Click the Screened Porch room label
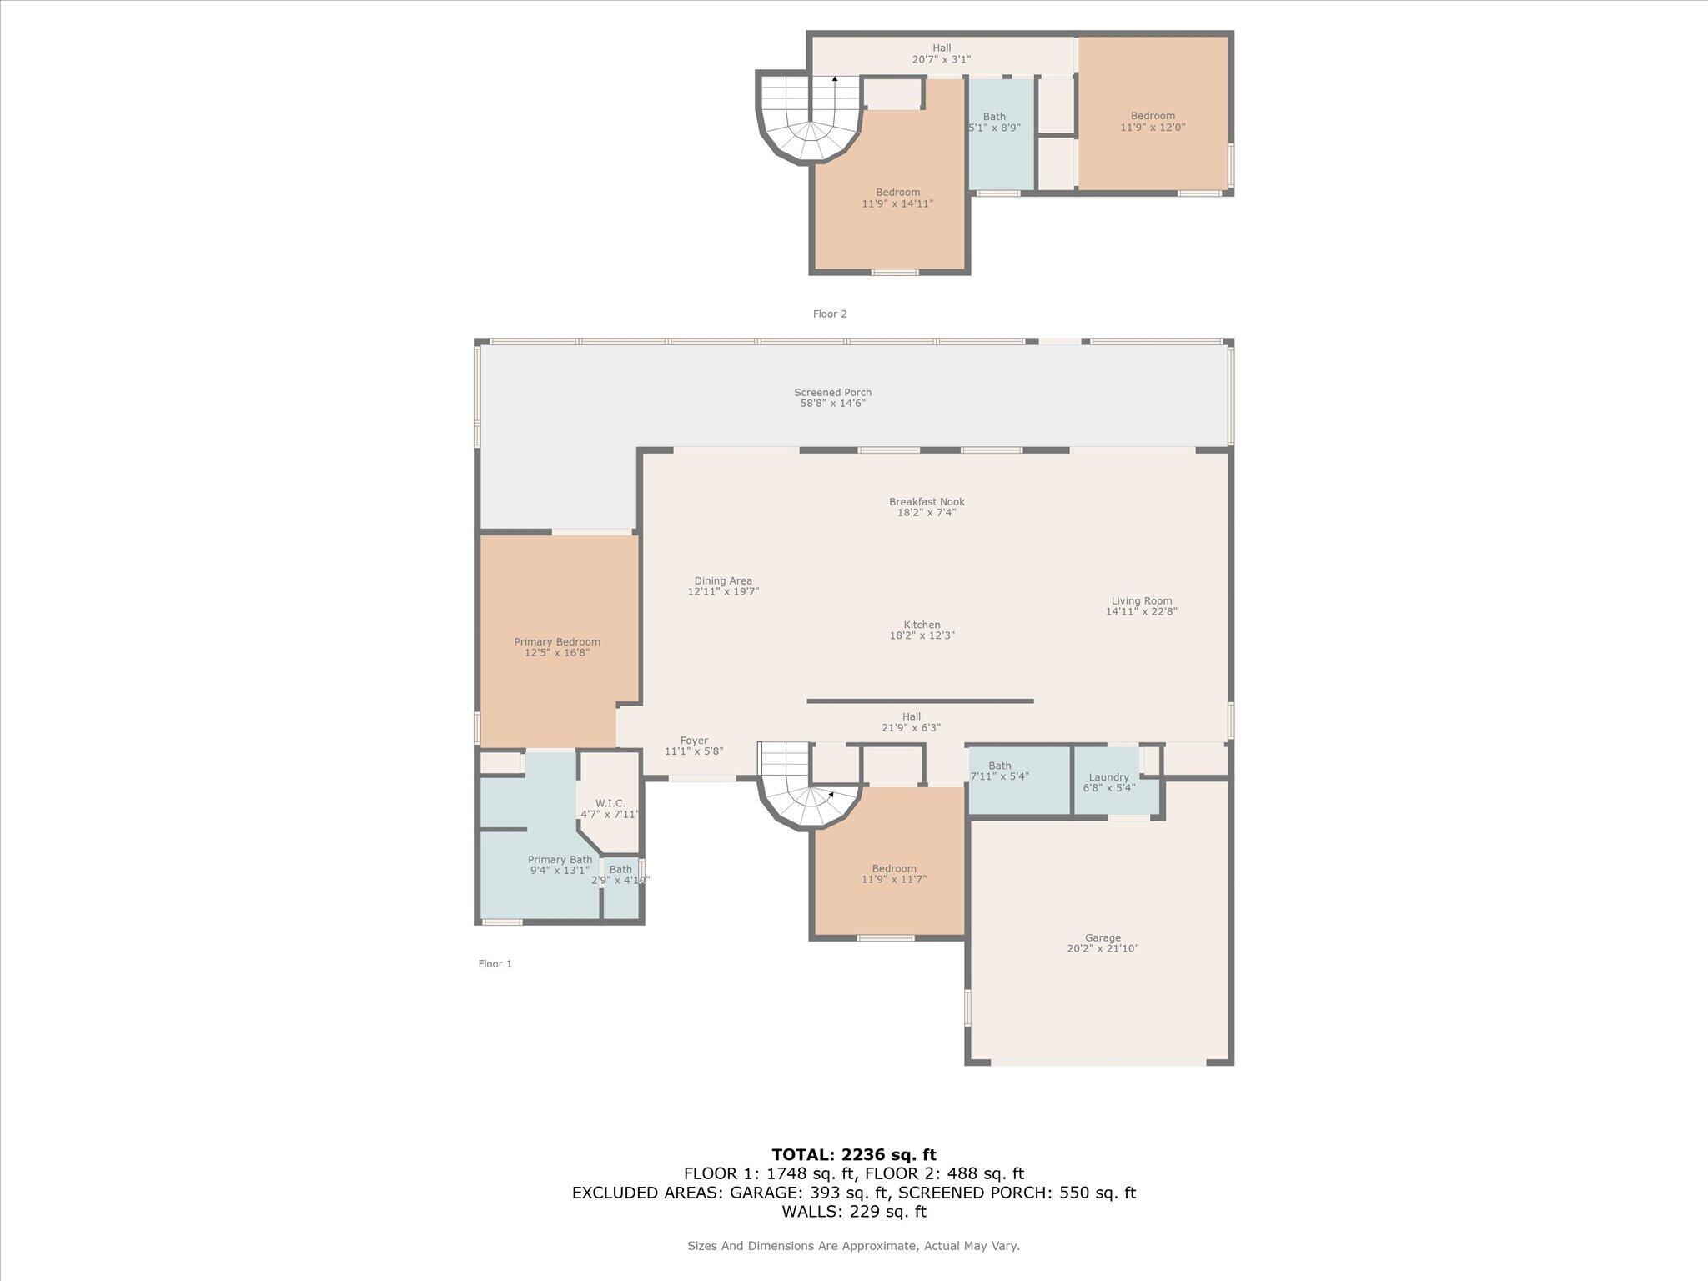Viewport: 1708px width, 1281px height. pos(832,393)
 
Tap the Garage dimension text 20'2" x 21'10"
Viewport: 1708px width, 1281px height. pos(1103,948)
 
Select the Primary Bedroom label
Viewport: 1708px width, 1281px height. pos(557,642)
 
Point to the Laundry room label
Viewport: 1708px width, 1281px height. pos(1108,777)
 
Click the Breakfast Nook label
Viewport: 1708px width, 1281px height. pos(927,502)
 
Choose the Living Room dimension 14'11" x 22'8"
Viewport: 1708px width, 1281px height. pos(1141,611)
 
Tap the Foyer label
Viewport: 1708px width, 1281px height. pos(694,741)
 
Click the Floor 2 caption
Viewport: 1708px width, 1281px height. pos(830,314)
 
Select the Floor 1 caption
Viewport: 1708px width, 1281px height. pos(495,964)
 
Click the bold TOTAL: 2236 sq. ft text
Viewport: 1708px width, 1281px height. pos(853,1155)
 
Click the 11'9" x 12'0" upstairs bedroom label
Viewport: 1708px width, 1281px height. pos(1153,128)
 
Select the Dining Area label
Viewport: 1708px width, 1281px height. pos(723,581)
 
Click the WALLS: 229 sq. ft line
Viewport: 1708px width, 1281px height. pos(853,1212)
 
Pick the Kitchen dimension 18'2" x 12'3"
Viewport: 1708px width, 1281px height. pos(922,635)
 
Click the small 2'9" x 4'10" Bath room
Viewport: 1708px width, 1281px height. pos(620,886)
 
